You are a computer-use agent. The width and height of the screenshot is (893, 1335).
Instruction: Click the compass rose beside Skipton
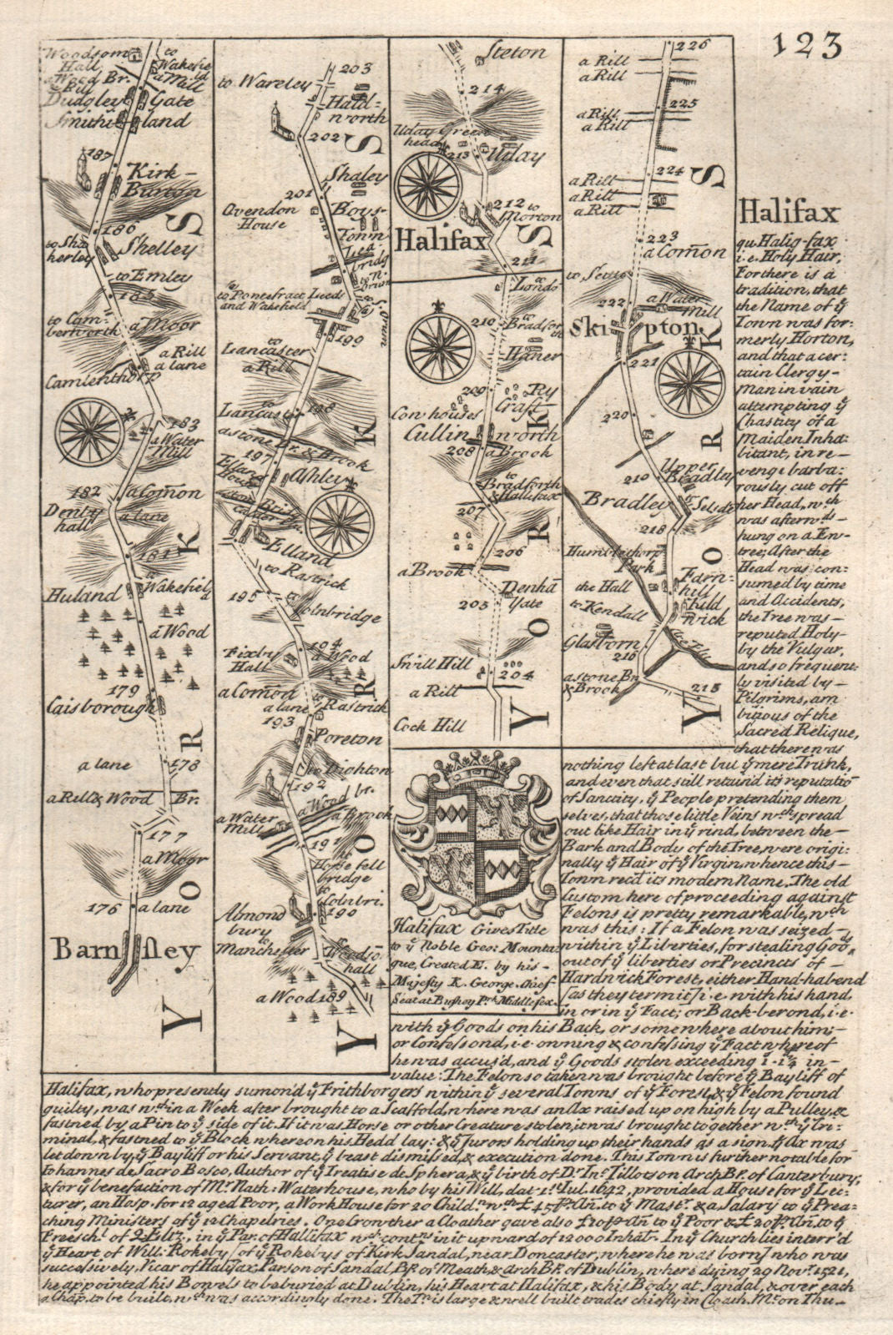(690, 378)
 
